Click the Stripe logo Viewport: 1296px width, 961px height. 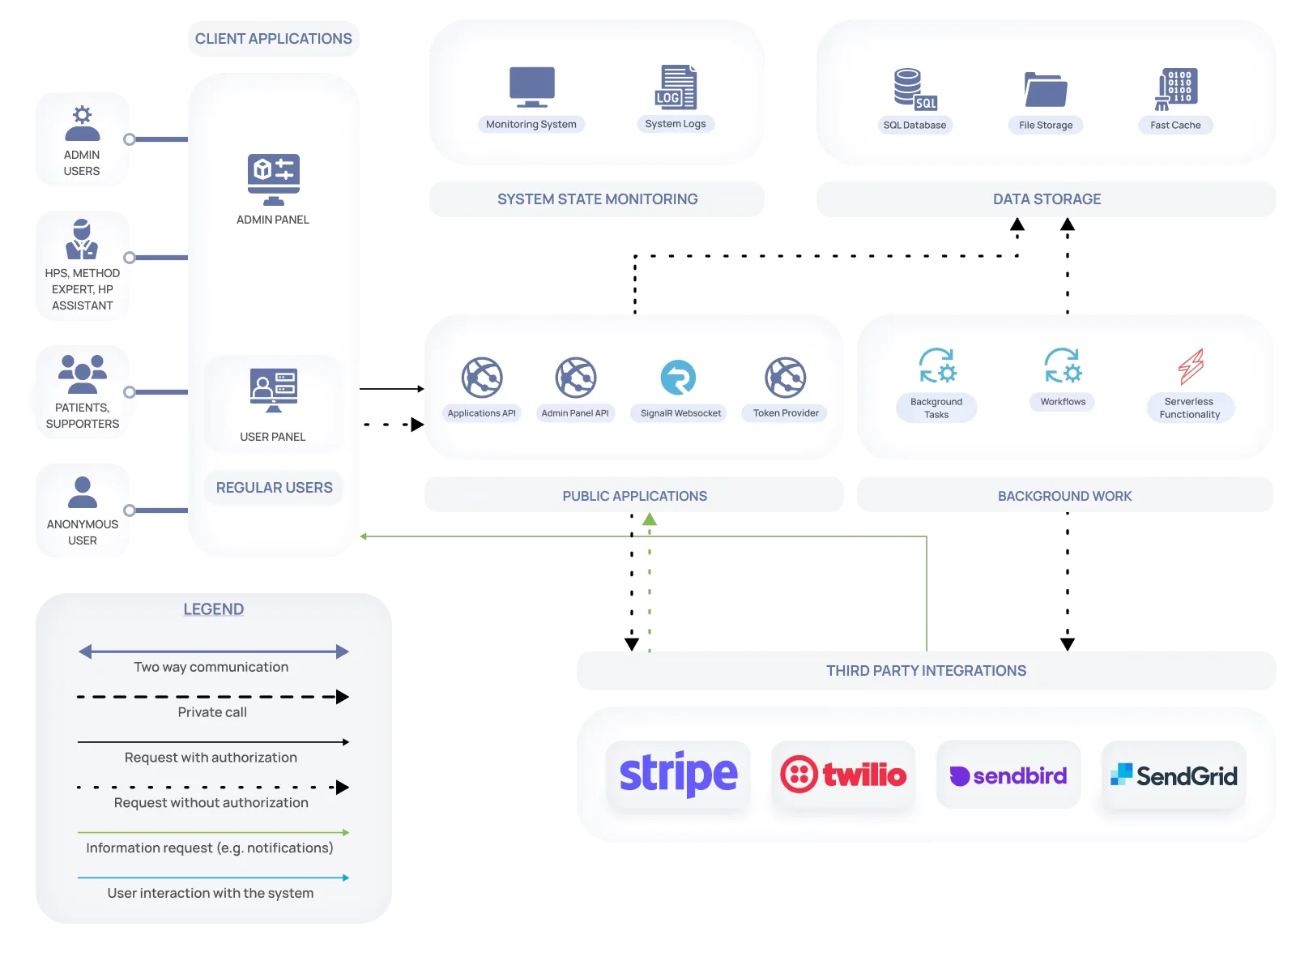coord(678,774)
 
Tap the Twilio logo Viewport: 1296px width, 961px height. coord(843,775)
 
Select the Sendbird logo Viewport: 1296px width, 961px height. coord(1008,775)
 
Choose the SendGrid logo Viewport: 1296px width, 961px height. coord(1174,775)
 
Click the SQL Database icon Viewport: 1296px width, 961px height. coord(915,89)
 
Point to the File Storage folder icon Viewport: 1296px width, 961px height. coord(1046,89)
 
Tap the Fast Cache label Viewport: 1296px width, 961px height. coord(1175,125)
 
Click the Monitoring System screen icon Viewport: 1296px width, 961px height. coord(531,87)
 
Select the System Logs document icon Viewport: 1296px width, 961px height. coord(676,87)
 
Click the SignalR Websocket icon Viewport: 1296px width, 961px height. coord(678,378)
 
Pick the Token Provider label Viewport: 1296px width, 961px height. coord(786,413)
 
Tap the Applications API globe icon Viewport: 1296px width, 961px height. coord(481,378)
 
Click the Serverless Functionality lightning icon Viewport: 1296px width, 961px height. coord(1190,366)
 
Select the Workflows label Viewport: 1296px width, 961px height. coord(1062,402)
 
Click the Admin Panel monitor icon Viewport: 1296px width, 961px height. coord(274,180)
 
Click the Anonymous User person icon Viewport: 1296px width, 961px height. coord(83,492)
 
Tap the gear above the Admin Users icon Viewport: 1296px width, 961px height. coord(83,114)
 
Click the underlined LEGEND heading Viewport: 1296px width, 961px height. coord(214,609)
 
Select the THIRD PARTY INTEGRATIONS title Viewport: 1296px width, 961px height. coord(926,670)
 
